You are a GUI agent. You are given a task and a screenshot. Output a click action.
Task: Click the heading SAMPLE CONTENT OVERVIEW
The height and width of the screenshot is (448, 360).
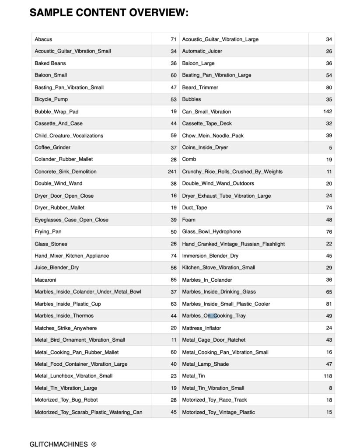pyautogui.click(x=109, y=13)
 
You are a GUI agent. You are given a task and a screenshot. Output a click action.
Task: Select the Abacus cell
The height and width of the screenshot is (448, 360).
pyautogui.click(x=43, y=39)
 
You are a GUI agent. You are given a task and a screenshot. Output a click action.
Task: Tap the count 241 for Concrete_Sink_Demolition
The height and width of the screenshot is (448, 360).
pyautogui.click(x=172, y=171)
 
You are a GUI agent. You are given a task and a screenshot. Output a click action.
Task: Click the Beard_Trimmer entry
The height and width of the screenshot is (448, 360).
pyautogui.click(x=200, y=87)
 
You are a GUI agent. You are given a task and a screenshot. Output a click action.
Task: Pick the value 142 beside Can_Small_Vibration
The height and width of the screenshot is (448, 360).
pyautogui.click(x=328, y=112)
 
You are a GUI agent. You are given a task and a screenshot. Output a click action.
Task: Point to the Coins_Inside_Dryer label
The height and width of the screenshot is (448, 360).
pyautogui.click(x=205, y=147)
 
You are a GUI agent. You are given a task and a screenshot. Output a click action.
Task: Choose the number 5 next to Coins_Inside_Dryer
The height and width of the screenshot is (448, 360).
pyautogui.click(x=330, y=147)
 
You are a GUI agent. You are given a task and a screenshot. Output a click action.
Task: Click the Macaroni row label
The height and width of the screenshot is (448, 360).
pyautogui.click(x=45, y=280)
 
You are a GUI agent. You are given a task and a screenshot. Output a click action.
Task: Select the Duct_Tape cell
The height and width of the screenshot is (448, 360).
pyautogui.click(x=194, y=207)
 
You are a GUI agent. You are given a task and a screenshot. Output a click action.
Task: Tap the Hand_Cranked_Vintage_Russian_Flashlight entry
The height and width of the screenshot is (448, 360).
pyautogui.click(x=233, y=244)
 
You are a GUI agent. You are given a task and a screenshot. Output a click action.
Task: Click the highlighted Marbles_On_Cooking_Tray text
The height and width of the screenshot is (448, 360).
pyautogui.click(x=213, y=315)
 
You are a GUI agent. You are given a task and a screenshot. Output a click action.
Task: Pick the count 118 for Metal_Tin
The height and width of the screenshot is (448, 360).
pyautogui.click(x=328, y=376)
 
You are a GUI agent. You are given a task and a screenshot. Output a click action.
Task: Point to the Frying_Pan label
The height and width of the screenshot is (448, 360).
pyautogui.click(x=48, y=231)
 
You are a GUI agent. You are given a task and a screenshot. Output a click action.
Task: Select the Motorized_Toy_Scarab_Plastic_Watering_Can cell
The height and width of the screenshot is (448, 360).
pyautogui.click(x=88, y=412)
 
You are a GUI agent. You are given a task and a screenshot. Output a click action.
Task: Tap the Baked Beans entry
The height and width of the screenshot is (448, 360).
pyautogui.click(x=50, y=63)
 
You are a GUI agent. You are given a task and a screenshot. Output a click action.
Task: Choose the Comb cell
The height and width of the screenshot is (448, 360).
pyautogui.click(x=189, y=159)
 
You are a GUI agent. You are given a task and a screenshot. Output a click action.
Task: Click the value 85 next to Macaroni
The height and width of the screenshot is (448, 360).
pyautogui.click(x=174, y=280)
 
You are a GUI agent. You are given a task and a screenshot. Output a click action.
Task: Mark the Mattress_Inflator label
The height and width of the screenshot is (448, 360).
pyautogui.click(x=201, y=328)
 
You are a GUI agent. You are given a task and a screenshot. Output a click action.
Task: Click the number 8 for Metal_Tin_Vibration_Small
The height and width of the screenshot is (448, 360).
pyautogui.click(x=330, y=388)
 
